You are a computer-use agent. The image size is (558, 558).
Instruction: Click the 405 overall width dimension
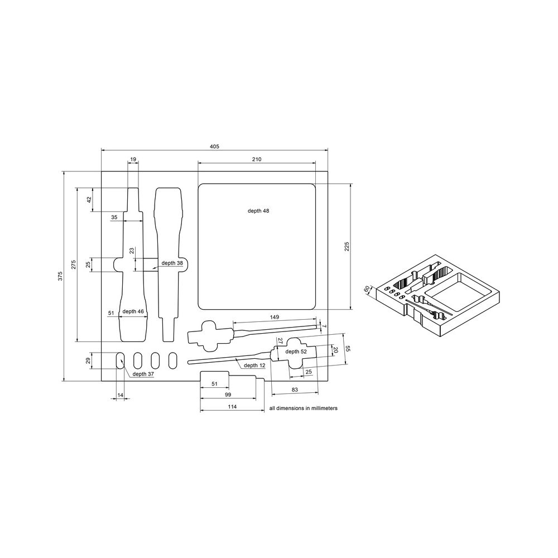click(x=215, y=146)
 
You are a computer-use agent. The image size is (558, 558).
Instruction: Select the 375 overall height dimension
click(x=60, y=276)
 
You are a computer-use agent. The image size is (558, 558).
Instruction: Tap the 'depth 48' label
click(x=258, y=211)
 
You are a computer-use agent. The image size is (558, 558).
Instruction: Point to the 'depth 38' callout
click(x=172, y=263)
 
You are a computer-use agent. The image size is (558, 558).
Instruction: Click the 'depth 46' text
click(x=133, y=311)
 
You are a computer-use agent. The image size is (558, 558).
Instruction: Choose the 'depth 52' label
click(x=296, y=352)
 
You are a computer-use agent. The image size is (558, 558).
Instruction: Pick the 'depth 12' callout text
click(x=254, y=365)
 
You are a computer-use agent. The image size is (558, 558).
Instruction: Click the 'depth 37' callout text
click(x=143, y=374)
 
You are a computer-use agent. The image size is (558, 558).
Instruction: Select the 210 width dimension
click(x=257, y=159)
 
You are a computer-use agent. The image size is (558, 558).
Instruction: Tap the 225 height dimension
click(x=347, y=246)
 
